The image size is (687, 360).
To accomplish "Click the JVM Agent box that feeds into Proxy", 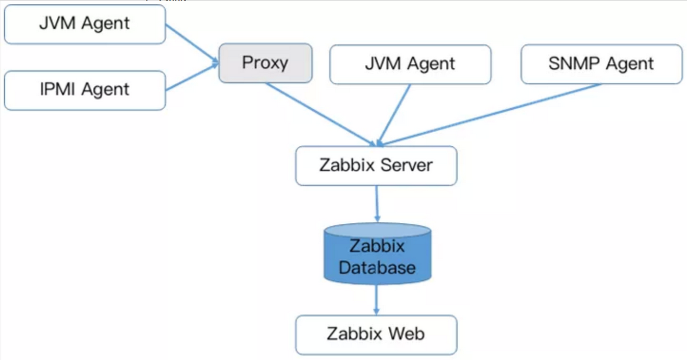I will point(85,24).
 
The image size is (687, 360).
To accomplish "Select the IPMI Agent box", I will point(85,90).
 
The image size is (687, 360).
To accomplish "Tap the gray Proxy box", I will point(265,63).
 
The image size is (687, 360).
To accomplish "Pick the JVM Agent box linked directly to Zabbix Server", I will point(410,64).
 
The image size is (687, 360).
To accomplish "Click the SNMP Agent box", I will point(601,64).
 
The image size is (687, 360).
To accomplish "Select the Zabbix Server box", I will point(376,166).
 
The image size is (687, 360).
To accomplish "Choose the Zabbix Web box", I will point(376,334).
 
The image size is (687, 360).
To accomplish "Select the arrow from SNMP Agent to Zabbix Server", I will point(491,115).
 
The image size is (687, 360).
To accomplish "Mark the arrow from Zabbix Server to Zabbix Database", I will point(376,203).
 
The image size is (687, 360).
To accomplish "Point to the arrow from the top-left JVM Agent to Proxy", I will point(191,43).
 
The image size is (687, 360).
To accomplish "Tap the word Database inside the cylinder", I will point(377,268).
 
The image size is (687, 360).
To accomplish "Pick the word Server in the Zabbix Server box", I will point(407,165).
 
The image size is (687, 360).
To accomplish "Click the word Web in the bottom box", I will point(406,334).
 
